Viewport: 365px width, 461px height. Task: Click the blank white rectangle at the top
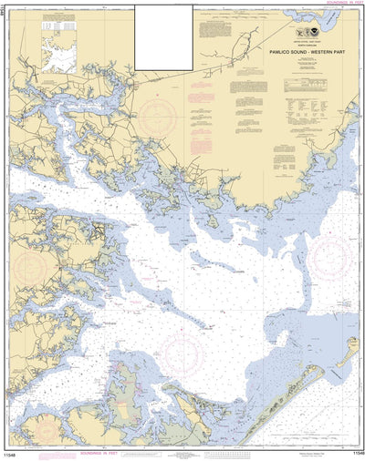pyautogui.click(x=164, y=37)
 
